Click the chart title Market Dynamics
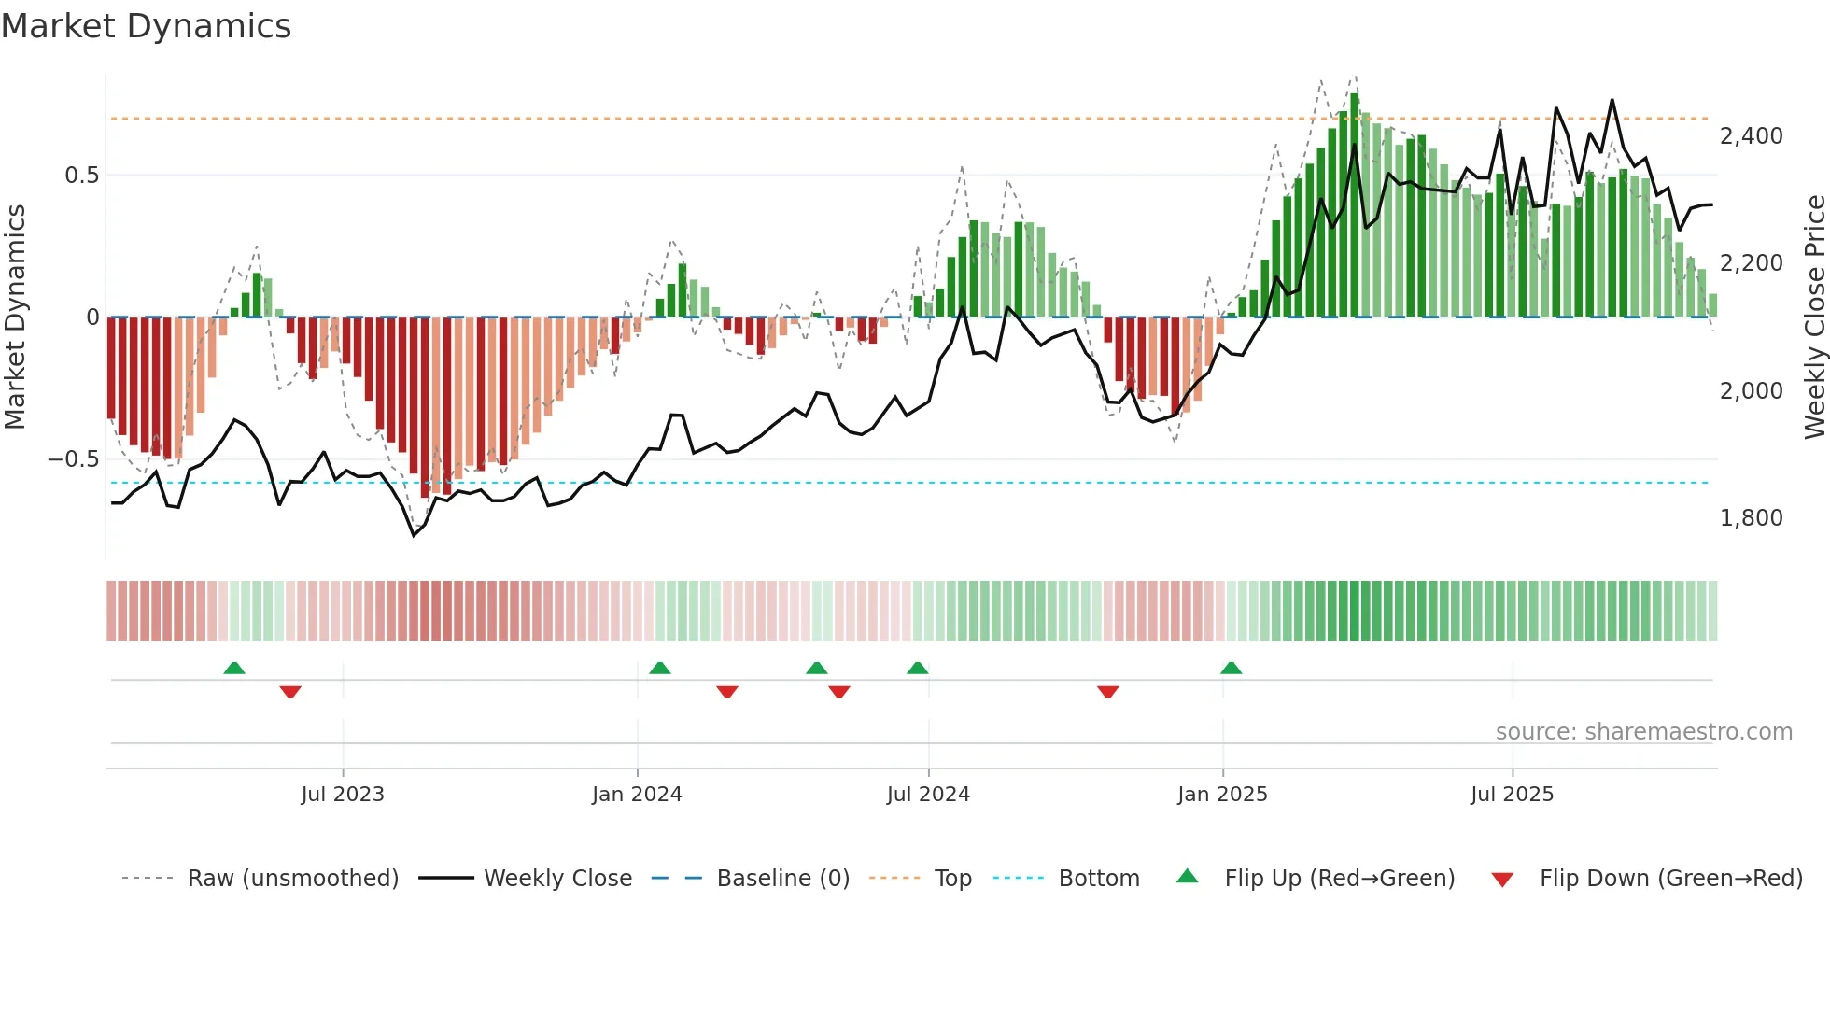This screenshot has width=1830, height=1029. (146, 26)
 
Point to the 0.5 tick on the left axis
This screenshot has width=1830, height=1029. (81, 176)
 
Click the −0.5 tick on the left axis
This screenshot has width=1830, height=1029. (74, 459)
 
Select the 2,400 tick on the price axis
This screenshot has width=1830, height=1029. (1751, 136)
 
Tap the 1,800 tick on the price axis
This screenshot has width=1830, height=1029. (1751, 518)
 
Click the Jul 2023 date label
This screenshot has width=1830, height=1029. (343, 795)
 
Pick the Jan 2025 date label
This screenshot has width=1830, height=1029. (1222, 795)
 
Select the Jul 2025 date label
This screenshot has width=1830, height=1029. (1512, 795)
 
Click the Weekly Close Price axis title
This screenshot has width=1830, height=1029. (1814, 317)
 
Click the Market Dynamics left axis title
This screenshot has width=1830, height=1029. (15, 317)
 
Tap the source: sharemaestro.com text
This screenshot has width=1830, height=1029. (1643, 732)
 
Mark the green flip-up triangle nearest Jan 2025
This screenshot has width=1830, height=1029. (1231, 669)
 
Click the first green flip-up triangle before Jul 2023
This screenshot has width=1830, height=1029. (234, 669)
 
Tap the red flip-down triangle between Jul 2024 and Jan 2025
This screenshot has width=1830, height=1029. (1108, 691)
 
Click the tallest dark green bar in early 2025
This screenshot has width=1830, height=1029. (1355, 205)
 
